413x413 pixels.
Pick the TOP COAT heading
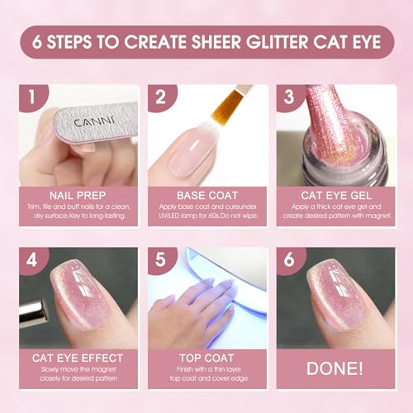coord(204,357)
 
